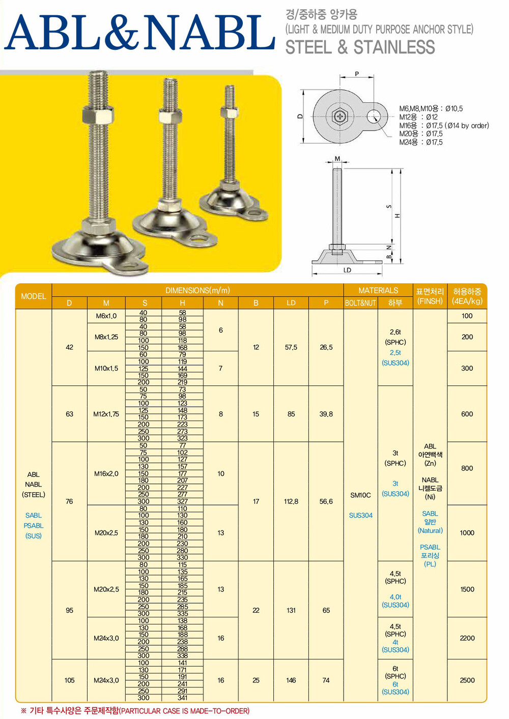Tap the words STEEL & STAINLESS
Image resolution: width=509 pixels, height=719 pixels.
pos(360,47)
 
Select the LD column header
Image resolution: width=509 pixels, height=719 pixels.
pos(291,303)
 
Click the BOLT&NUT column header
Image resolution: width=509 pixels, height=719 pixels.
pos(360,303)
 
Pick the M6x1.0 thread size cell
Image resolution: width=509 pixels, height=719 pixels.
pos(106,316)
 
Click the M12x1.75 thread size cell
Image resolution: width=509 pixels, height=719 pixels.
pos(106,414)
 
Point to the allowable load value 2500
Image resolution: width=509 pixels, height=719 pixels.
pos(467,680)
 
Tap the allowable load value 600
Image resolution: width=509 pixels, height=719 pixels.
pos(467,414)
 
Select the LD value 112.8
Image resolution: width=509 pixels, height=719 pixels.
pos(291,501)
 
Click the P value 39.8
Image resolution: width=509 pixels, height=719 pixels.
pos(326,414)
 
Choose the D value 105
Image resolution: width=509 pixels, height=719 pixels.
pos(69,680)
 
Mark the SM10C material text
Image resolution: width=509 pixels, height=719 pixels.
pos(360,495)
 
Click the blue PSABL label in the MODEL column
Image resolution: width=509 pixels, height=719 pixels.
pos(34,525)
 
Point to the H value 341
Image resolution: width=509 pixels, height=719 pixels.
pos(182,698)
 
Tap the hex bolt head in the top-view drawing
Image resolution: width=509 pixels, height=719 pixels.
pos(340,116)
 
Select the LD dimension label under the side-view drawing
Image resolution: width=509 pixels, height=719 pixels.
pos(347,270)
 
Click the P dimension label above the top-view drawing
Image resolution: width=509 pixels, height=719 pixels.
pos(357,74)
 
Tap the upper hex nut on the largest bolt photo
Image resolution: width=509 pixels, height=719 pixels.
pos(98,114)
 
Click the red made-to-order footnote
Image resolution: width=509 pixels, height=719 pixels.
pos(135,711)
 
